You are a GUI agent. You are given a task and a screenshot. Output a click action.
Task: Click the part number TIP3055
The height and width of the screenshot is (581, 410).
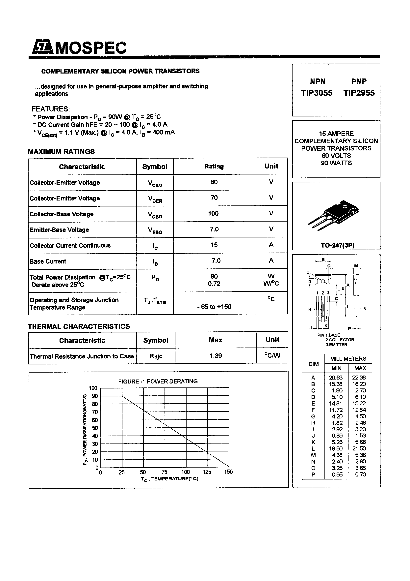point(317,93)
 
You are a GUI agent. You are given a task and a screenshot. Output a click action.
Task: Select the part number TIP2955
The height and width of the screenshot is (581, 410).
point(359,93)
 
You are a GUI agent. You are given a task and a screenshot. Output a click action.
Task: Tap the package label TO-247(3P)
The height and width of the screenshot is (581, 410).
point(337,245)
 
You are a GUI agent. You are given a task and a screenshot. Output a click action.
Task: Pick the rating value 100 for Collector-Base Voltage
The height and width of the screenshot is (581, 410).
point(213,213)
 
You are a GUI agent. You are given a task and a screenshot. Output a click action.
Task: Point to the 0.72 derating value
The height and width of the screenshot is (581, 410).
point(214,284)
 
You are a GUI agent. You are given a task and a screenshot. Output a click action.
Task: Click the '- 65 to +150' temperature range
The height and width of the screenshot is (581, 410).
point(214,307)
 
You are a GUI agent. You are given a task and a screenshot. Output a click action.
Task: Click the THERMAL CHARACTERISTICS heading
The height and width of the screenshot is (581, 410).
point(79,326)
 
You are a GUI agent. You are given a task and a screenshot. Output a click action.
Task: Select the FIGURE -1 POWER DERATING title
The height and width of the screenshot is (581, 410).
point(158,381)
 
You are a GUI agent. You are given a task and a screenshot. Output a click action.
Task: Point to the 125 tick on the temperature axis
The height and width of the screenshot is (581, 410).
point(207,472)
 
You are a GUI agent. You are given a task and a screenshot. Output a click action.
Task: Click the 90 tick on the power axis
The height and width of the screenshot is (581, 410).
point(95,396)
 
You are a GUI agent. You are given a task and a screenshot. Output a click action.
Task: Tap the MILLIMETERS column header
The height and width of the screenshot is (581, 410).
point(348,359)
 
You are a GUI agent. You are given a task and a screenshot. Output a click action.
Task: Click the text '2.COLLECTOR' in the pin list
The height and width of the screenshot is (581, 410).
point(340,340)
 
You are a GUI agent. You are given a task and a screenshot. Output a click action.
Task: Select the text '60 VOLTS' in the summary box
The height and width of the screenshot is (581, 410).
point(336,156)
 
